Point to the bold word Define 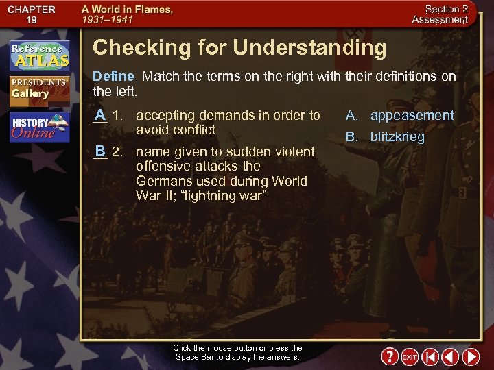113,76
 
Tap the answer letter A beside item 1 100,114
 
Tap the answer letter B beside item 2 100,151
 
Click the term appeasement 412,115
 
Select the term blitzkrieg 397,136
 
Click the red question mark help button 390,357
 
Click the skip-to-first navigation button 430,357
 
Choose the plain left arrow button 450,357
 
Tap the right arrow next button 471,357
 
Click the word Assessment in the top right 440,20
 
